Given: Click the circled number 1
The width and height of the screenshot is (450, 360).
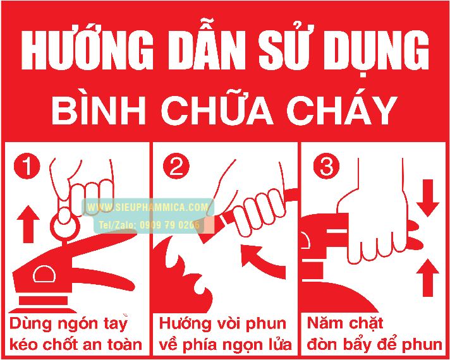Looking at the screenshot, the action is pos(27,167).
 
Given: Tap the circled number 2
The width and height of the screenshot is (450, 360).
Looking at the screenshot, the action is pos(176,167).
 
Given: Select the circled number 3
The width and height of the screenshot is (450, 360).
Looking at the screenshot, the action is pos(326,167).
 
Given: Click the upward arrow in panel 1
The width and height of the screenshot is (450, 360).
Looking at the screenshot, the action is pos(28,224).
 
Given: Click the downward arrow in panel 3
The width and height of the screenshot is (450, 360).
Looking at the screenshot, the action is pos(428,198).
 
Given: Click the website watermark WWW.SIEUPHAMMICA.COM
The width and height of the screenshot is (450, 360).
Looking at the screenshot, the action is pos(148,207).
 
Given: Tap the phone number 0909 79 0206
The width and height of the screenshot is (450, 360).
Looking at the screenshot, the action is pos(169,225).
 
